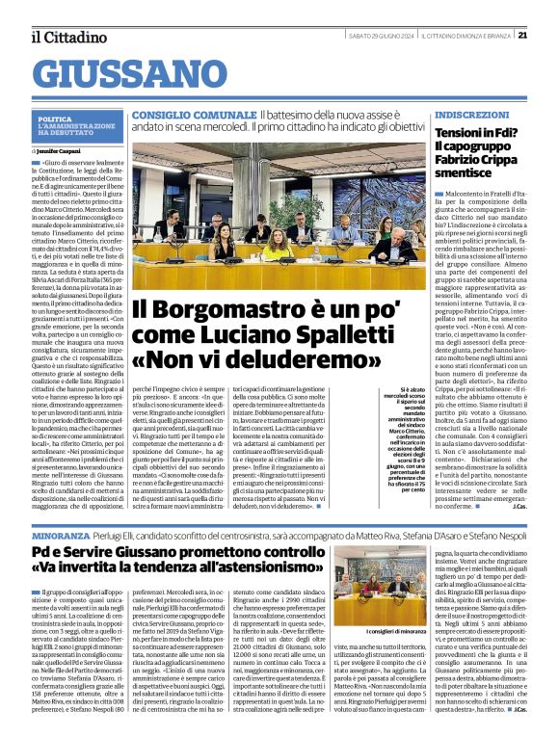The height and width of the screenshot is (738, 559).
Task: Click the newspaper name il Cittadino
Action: (67, 37)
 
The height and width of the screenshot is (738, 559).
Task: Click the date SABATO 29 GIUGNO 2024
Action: (379, 36)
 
